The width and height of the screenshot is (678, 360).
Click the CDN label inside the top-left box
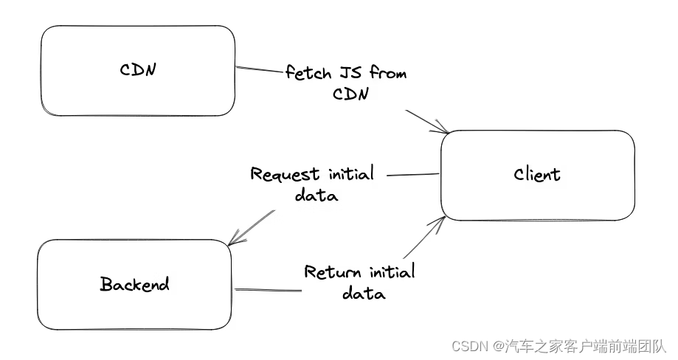click(139, 70)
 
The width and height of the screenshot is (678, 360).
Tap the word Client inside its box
click(537, 175)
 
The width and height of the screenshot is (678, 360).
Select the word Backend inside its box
click(134, 284)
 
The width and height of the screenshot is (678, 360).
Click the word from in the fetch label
click(388, 73)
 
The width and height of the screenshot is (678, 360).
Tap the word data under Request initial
click(316, 195)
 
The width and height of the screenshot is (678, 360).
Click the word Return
click(333, 271)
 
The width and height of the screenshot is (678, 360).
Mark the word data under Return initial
click(363, 293)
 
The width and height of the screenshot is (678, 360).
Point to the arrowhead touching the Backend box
click(232, 241)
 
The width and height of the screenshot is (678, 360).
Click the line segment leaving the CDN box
click(260, 71)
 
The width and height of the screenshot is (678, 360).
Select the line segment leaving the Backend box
click(267, 290)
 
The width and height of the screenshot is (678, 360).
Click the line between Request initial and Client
click(413, 176)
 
